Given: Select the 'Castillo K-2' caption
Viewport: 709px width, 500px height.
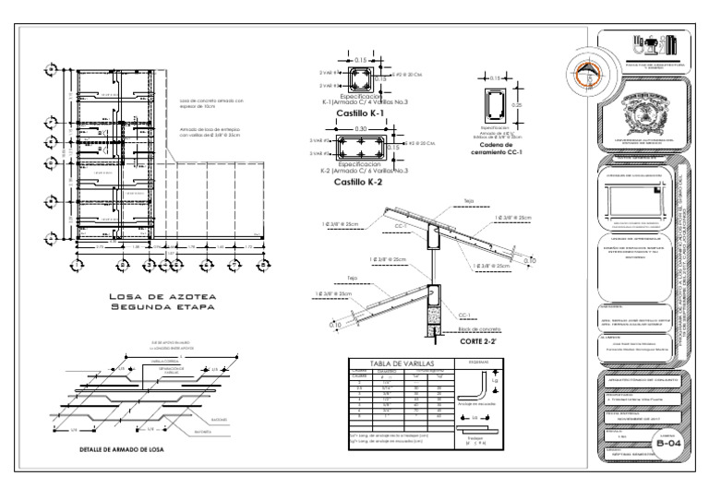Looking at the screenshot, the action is point(359,182).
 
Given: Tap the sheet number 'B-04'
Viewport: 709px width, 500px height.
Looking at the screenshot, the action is point(669,443).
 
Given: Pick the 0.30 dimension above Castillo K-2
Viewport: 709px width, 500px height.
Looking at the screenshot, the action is point(360,129).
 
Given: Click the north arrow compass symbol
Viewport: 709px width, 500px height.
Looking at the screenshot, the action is point(582,73).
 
